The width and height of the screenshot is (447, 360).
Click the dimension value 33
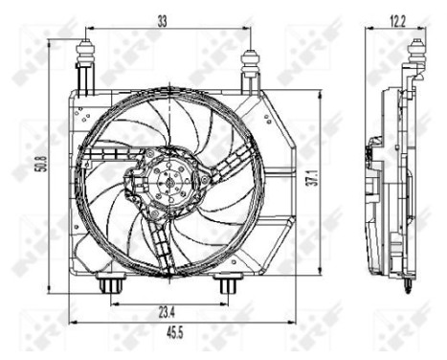pyautogui.click(x=163, y=19)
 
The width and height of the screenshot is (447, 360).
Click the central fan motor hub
pyautogui.click(x=169, y=181)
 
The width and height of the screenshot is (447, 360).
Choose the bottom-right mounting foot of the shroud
pyautogui.click(x=227, y=283)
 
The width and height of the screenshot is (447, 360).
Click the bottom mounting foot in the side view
pyautogui.click(x=409, y=283)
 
